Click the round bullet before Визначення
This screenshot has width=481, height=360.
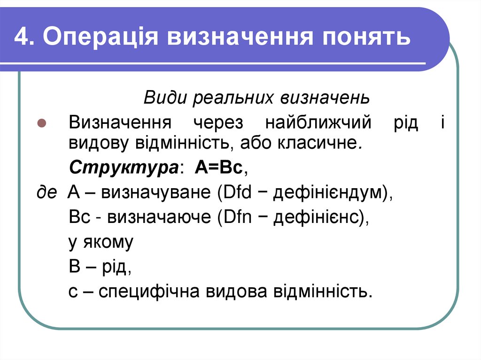(41, 123)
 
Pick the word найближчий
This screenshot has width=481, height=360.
(318, 123)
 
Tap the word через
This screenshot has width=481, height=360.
(217, 123)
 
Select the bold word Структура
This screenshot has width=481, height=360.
(123, 168)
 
